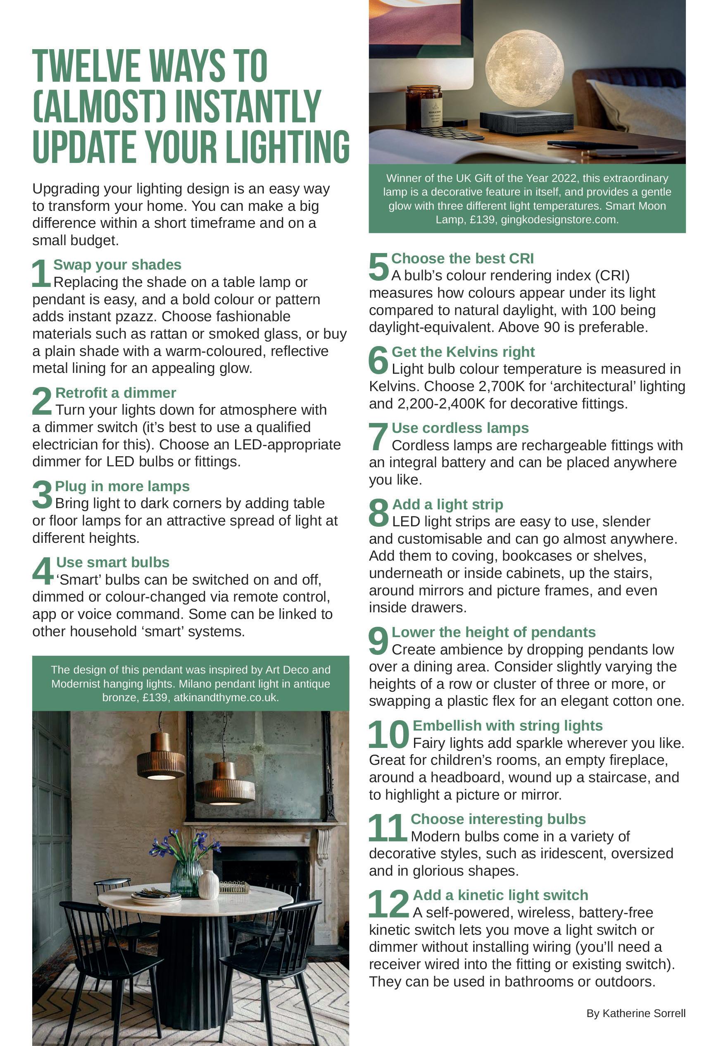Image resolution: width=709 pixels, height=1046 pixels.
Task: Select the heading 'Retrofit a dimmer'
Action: [x=115, y=392]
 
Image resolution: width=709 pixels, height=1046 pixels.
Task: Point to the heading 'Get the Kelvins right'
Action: [x=463, y=351]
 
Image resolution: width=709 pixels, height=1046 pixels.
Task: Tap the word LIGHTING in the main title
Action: [x=287, y=147]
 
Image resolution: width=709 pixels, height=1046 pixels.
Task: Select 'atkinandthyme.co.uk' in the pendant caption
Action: [x=226, y=697]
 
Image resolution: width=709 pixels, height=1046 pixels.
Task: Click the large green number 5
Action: [x=379, y=266]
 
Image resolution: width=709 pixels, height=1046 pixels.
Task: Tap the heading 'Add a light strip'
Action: [x=447, y=504]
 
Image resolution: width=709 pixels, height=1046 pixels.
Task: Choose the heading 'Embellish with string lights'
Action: [x=507, y=726]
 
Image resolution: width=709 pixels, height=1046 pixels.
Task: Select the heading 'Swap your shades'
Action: [x=117, y=264]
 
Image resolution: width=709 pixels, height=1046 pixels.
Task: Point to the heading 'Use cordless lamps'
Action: [x=460, y=427]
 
